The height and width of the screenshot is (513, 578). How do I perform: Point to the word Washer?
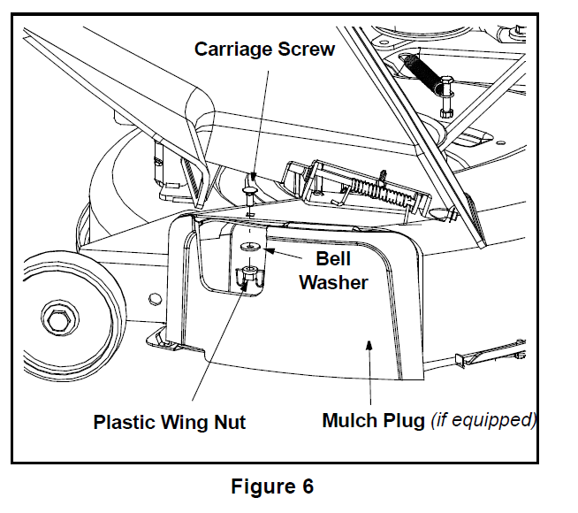pos(333,282)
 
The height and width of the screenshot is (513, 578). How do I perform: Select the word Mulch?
pos(351,420)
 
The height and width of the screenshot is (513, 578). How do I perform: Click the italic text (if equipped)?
pos(483,420)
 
